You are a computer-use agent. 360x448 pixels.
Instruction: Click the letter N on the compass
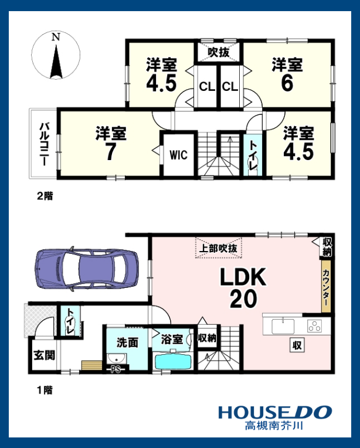pos(56,37)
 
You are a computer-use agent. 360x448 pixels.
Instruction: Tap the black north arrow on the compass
pos(56,62)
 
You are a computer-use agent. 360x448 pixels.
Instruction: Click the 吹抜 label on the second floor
pos(219,52)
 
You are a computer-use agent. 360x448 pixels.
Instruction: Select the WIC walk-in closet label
pos(179,155)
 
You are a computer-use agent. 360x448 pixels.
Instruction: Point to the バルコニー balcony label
pos(43,144)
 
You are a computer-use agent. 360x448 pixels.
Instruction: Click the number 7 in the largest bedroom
pos(111,152)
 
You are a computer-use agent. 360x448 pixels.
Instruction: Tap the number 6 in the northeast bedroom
pos(287,83)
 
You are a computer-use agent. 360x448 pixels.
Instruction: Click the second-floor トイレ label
pos(253,155)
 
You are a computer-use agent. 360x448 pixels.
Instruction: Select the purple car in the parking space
pos(87,269)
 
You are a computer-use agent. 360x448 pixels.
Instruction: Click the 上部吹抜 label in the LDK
pos(219,248)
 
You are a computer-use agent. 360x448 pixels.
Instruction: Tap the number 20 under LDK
pos(243,299)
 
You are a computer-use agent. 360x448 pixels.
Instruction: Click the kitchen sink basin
pos(283,326)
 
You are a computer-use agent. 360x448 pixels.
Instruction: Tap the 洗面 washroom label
pos(127,342)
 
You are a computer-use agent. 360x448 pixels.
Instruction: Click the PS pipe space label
pos(116,369)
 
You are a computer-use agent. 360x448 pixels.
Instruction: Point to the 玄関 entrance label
pos(45,355)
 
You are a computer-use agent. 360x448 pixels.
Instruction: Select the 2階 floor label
pos(45,196)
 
